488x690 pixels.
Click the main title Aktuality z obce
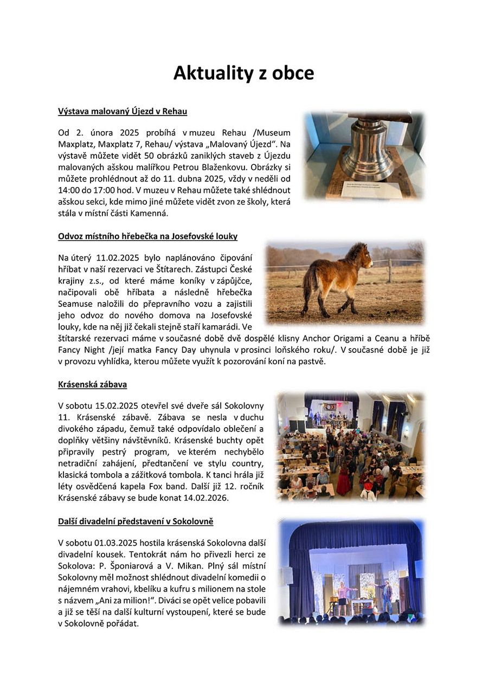tap(243, 73)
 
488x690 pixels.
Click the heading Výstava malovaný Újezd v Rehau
tap(122, 112)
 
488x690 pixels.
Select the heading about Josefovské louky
tap(147, 236)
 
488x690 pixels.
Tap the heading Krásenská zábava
tap(92, 384)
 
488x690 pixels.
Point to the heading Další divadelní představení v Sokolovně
tap(136, 521)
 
